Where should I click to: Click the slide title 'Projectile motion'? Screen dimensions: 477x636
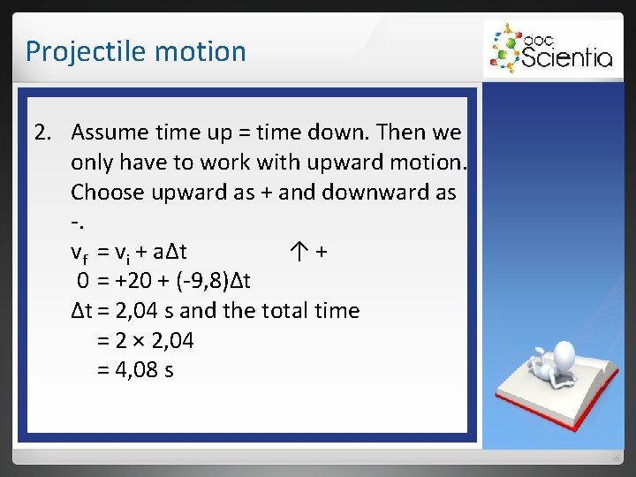(x=135, y=51)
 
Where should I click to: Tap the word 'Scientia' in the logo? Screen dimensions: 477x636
(x=566, y=57)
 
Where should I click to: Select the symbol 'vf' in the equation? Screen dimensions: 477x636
(x=80, y=253)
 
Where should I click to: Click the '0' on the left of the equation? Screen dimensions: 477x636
(x=81, y=282)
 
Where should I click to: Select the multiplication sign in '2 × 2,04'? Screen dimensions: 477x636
(x=135, y=341)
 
